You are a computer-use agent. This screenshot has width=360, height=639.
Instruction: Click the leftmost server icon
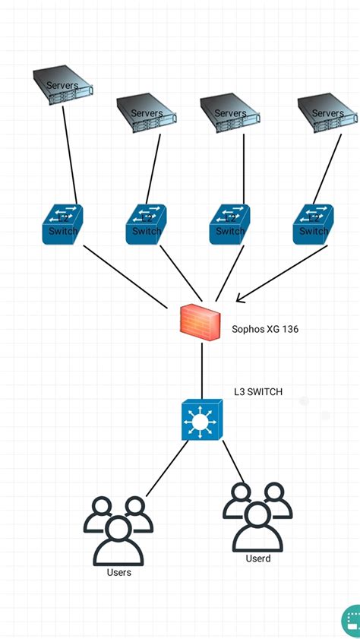pos(62,84)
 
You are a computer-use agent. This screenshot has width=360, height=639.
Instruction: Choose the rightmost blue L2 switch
pos(313,224)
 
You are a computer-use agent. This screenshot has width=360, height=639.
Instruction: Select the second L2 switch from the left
pos(146,224)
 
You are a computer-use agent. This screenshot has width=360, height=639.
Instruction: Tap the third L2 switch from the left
pos(229,224)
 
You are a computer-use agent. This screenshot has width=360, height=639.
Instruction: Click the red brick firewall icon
pos(201,322)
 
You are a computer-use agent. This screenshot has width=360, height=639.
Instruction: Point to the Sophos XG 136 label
pos(265,330)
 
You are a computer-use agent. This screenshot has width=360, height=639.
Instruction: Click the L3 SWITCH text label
pos(257,392)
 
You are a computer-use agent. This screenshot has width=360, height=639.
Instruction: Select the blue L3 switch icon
pos(201,420)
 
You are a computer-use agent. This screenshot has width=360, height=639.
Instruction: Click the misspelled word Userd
pos(257,558)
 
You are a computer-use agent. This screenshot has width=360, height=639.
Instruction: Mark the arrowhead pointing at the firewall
pos(242,299)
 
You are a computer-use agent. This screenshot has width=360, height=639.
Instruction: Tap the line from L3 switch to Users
pos(166,468)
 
